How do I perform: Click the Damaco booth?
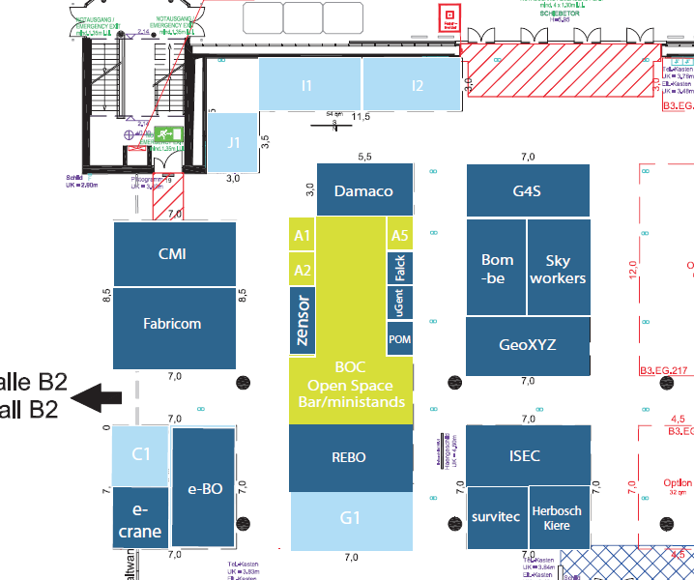pos(363,190)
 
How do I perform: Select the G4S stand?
pos(527,190)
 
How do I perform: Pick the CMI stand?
pos(173,254)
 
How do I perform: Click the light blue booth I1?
pos(307,85)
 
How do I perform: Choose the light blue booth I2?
pos(418,85)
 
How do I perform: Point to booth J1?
pos(233,141)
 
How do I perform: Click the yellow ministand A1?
pos(303,236)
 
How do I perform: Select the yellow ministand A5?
pos(399,236)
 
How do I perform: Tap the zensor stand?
pos(303,320)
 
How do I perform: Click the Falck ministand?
pos(399,268)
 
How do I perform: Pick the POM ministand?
pos(399,340)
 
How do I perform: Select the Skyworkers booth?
pos(559,268)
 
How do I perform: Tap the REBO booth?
pos(350,457)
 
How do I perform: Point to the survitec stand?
pos(496,517)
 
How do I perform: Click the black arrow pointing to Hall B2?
pos(100,396)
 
